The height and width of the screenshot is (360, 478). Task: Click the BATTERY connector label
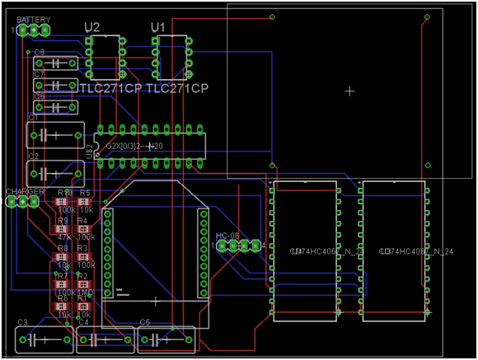32,19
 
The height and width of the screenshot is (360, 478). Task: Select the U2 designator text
92,28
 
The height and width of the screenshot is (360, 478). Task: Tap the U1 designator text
158,28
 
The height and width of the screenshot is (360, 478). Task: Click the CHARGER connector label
25,191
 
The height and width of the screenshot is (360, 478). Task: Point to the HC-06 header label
227,236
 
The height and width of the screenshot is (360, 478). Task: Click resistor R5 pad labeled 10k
85,202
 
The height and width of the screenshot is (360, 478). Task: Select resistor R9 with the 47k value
63,231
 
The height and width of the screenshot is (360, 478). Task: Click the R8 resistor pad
63,257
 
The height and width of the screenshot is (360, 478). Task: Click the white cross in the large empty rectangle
350,91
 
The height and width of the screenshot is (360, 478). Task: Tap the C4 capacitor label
82,321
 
